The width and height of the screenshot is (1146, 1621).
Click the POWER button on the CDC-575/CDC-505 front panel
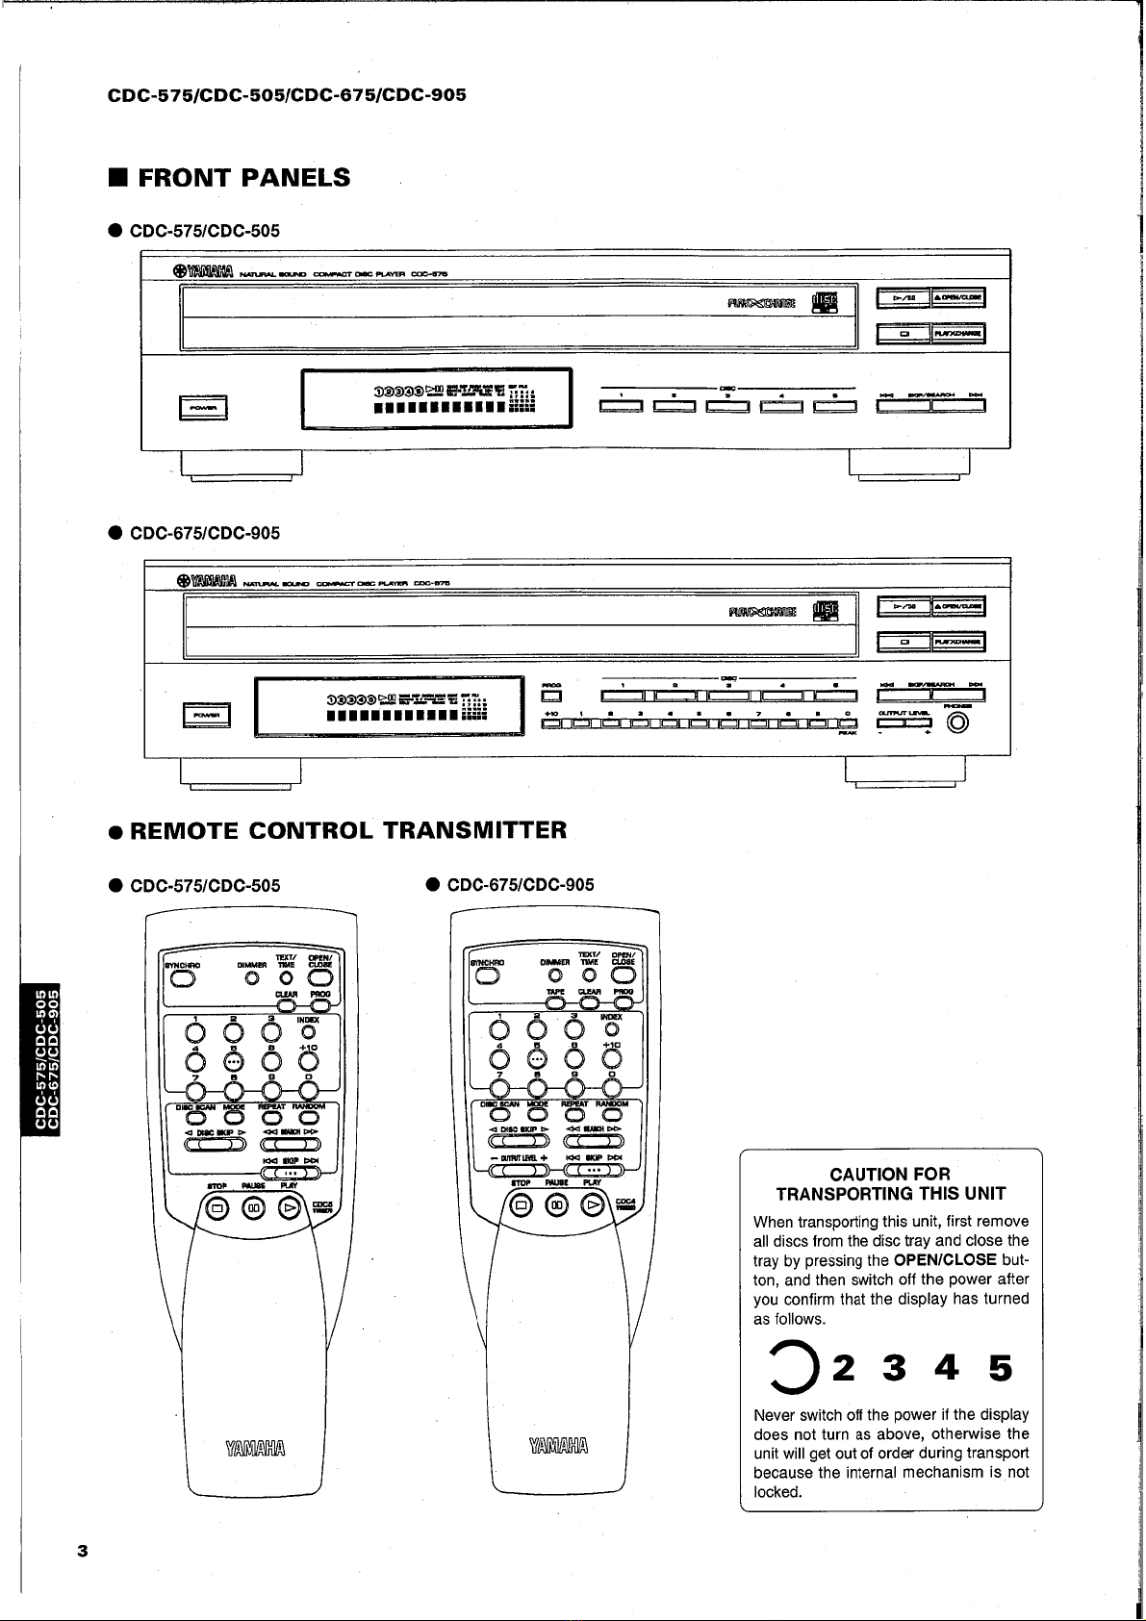coord(202,408)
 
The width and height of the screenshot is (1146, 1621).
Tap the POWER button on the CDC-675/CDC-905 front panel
coord(203,715)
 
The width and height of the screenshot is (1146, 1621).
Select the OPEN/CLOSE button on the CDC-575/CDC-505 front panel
coord(957,297)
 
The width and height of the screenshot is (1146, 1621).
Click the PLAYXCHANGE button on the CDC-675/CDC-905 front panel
coord(957,642)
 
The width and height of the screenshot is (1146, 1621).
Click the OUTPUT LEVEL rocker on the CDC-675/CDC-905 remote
coord(520,1170)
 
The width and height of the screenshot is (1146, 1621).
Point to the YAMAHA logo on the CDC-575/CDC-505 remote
coord(256,1448)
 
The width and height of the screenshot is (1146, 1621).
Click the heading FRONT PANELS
coord(243,178)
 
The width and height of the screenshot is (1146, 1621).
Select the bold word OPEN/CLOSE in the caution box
coord(944,1260)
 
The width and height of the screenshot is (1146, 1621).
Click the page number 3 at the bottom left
coord(83,1551)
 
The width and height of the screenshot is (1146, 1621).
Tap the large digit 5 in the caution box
coord(1000,1368)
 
